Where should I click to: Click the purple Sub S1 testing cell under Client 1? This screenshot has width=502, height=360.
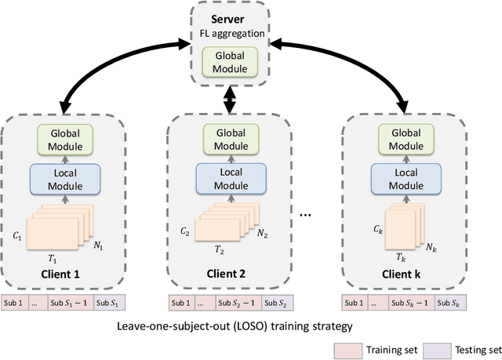click(x=109, y=303)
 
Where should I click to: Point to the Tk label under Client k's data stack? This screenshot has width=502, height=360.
click(x=401, y=257)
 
